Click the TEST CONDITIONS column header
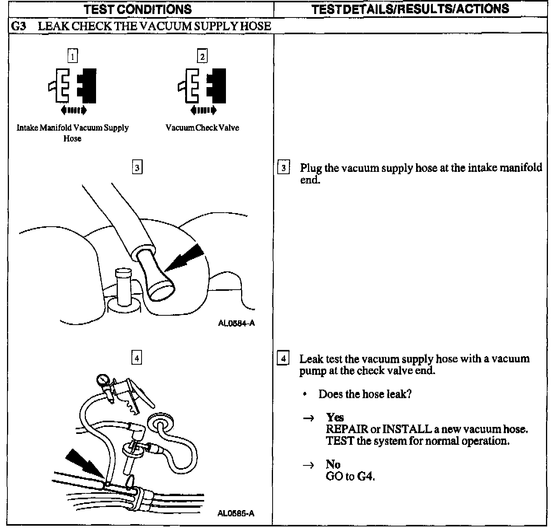point(138,9)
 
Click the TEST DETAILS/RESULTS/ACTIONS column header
point(410,9)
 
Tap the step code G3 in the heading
point(19,26)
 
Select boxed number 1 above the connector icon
point(73,56)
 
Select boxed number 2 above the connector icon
point(202,57)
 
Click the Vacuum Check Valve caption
point(202,128)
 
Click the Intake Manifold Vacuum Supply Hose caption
point(72,133)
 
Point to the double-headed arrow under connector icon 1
point(74,110)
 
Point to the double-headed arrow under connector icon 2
point(203,110)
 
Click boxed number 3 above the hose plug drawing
point(137,168)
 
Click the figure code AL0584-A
point(236,323)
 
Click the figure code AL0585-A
point(236,513)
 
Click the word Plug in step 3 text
point(311,168)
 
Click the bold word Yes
point(335,418)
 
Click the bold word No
point(333,464)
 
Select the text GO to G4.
point(350,476)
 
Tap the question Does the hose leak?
point(365,394)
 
